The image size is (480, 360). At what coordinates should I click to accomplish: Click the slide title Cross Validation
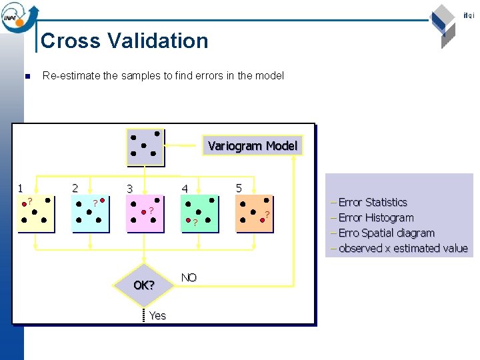click(x=125, y=41)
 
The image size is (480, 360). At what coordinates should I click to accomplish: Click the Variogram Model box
click(x=253, y=145)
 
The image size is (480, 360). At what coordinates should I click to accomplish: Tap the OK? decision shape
click(x=143, y=285)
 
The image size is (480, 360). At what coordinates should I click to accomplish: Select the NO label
click(x=189, y=277)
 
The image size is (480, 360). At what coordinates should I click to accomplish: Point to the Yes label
click(x=158, y=315)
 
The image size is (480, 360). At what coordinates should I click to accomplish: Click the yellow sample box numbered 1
click(x=37, y=213)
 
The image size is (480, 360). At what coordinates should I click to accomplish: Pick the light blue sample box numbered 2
click(x=89, y=213)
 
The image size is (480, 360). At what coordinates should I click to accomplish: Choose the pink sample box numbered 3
click(x=145, y=213)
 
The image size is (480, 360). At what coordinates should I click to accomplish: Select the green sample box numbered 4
click(x=200, y=213)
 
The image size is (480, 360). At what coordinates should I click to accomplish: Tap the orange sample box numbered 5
click(x=255, y=213)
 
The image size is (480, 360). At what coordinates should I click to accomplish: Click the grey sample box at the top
click(x=145, y=147)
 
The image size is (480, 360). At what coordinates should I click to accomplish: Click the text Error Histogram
click(x=375, y=217)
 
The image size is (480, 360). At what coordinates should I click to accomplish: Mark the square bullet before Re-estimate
click(x=27, y=76)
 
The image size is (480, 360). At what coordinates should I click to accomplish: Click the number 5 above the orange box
click(x=239, y=188)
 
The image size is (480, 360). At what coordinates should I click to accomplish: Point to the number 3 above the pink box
click(x=131, y=189)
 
